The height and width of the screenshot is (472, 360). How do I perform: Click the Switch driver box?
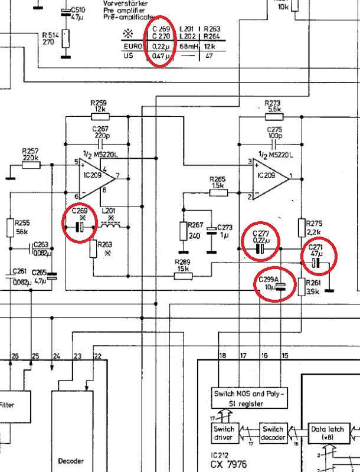[x=224, y=434]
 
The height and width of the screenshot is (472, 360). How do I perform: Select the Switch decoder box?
[x=273, y=434]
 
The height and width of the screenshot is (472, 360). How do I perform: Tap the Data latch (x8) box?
[x=327, y=434]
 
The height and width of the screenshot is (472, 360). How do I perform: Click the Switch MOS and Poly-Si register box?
[x=248, y=398]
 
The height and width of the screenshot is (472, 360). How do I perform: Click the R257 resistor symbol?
[x=30, y=165]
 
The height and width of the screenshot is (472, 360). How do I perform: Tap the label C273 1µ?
[x=225, y=231]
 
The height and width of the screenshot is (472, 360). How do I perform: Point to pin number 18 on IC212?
[x=222, y=355]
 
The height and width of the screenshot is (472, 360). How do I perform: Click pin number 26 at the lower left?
[x=15, y=356]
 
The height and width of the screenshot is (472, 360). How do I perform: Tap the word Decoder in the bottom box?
[x=71, y=461]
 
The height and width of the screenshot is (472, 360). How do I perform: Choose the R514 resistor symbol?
[x=65, y=40]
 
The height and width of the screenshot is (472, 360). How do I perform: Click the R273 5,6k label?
[x=273, y=106]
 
